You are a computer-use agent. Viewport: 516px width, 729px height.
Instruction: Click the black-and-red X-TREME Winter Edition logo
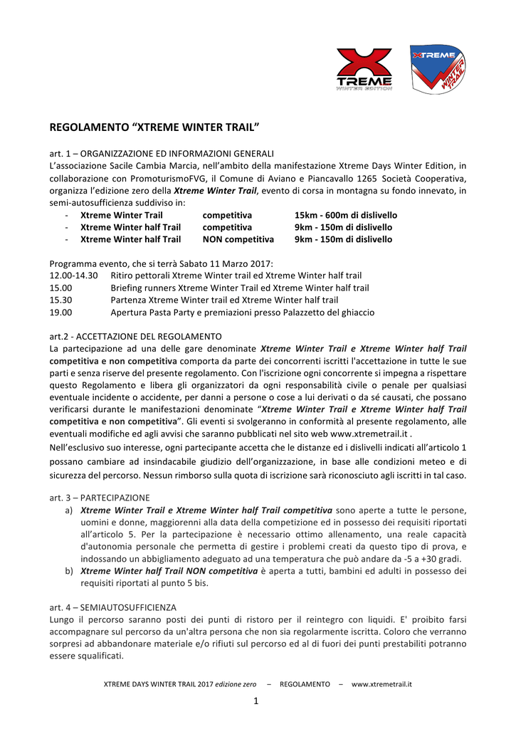click(x=364, y=69)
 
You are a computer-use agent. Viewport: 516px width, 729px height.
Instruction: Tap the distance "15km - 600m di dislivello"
click(x=346, y=215)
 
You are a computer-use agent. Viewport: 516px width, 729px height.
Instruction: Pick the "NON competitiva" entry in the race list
click(x=238, y=239)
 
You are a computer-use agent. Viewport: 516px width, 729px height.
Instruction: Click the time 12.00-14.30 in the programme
click(x=74, y=275)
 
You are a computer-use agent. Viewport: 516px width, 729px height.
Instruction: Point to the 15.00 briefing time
click(x=60, y=288)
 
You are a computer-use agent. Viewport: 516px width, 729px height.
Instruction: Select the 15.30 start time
click(x=60, y=300)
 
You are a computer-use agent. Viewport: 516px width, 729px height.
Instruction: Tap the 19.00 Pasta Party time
click(x=60, y=312)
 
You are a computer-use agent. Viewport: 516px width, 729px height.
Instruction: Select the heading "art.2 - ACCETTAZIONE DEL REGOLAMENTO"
click(x=135, y=336)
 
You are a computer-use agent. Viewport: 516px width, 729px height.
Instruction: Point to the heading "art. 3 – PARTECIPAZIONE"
click(x=100, y=498)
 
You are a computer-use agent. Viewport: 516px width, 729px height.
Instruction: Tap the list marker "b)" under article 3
click(x=69, y=570)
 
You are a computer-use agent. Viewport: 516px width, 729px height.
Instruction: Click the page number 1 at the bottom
click(x=256, y=701)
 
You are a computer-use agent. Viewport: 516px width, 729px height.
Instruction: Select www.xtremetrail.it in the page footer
click(x=381, y=684)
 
